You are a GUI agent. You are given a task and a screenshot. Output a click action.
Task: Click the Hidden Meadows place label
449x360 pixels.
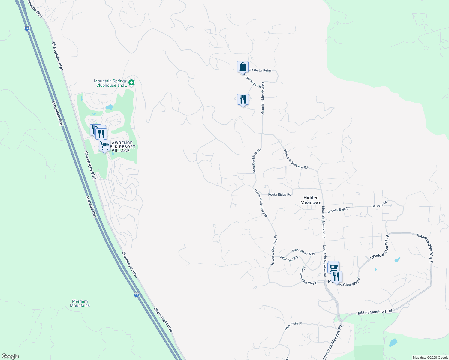click(x=311, y=200)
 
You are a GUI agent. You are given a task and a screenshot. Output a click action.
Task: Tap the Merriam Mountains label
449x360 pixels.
click(x=80, y=303)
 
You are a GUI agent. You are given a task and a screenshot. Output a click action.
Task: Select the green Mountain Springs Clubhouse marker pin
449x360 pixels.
click(x=131, y=82)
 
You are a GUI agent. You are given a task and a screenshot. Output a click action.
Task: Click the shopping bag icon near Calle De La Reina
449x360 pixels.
click(x=243, y=67)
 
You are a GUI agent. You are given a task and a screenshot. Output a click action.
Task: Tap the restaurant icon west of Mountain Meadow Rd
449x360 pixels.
click(x=243, y=99)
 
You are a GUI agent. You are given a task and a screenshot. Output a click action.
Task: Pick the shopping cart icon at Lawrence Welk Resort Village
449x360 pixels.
click(x=104, y=146)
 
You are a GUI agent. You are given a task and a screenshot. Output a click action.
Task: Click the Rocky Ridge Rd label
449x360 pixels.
click(x=279, y=195)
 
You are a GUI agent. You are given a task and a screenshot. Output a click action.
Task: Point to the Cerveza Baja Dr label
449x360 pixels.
click(x=338, y=210)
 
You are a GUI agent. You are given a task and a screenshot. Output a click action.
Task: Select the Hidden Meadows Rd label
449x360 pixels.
click(x=374, y=312)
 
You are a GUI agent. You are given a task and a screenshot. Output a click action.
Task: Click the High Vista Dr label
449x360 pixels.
click(x=293, y=326)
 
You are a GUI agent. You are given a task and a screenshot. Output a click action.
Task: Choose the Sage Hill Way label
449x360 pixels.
click(x=289, y=258)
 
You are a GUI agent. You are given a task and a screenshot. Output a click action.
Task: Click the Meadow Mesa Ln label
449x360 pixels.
click(x=256, y=161)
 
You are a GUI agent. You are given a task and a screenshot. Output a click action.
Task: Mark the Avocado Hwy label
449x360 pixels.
click(x=91, y=207)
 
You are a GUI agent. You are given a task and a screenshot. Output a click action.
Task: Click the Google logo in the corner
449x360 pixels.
click(x=10, y=356)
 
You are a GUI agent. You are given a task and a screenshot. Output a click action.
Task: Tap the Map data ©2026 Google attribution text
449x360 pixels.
click(x=430, y=358)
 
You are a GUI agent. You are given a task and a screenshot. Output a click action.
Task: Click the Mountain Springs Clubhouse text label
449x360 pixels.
click(x=110, y=83)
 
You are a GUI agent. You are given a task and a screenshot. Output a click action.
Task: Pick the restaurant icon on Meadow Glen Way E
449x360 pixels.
click(x=336, y=277)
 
